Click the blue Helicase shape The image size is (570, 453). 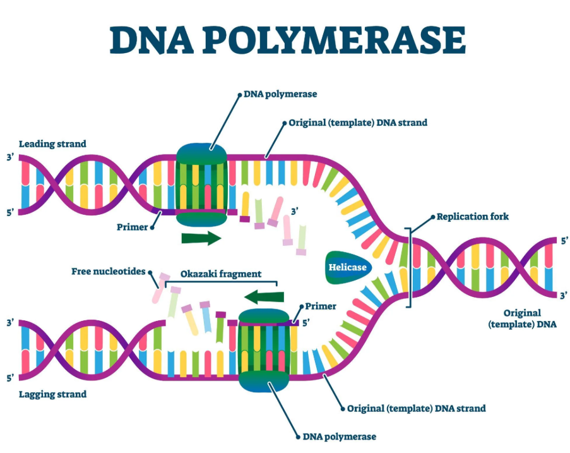pos(347,267)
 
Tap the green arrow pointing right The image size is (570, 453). pos(201,238)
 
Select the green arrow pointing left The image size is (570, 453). pos(263,297)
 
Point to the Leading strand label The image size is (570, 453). pos(52,144)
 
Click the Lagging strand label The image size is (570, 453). pos(52,394)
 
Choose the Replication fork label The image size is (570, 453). pos(473,216)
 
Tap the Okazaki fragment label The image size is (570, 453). pos(220,275)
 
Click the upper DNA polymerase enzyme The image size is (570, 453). pos(201,184)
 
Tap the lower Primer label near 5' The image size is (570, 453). pos(321,306)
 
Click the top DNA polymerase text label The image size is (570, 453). pos(280,94)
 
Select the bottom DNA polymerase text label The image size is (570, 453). pos(340,437)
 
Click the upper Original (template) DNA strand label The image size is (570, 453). pos(358,123)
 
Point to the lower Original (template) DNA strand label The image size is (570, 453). pos(416,408)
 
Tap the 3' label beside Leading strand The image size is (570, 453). pos(10,157)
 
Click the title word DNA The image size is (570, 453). pos(150,40)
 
